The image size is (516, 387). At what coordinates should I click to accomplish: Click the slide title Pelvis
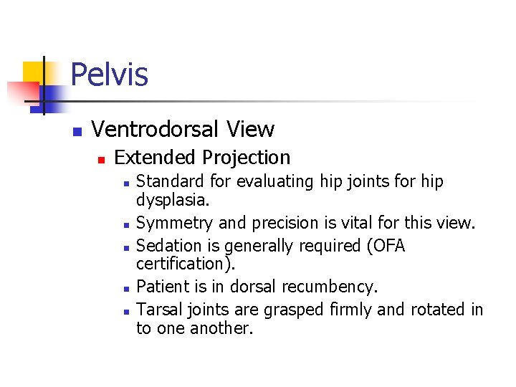[x=110, y=75]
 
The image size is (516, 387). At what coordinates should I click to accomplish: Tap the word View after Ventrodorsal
[x=250, y=129]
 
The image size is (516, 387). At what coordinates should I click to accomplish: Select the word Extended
[x=156, y=158]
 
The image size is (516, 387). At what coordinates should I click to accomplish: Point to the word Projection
[x=247, y=158]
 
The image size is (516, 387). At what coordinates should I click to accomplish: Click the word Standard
[x=166, y=182]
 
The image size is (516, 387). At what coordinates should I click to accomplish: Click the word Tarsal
[x=157, y=310]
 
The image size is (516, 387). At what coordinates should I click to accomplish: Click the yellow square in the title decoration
[x=33, y=72]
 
